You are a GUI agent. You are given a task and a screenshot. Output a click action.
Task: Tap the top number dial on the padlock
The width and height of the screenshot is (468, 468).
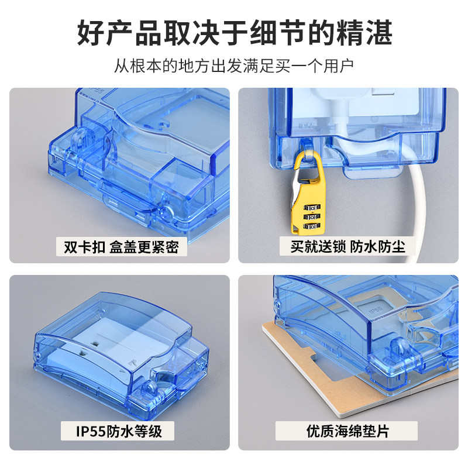point(312,207)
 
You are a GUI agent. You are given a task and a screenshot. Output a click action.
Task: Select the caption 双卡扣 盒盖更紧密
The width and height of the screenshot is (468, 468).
point(121,247)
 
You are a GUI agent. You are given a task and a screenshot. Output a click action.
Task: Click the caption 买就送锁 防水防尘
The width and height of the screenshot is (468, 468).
point(347,246)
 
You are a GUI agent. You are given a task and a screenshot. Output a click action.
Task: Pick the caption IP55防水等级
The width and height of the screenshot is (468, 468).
point(119,431)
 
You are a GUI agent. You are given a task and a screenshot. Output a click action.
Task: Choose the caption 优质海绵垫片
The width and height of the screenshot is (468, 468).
point(347,431)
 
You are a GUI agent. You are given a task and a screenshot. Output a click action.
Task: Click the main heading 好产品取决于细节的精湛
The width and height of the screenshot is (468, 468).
point(235,33)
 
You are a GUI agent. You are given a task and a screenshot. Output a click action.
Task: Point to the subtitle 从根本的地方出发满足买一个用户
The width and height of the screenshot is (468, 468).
point(235,66)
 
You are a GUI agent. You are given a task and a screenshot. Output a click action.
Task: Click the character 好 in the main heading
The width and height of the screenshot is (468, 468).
point(91,33)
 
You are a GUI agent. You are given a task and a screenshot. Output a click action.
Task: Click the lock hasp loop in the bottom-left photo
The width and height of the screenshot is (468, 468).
point(150,388)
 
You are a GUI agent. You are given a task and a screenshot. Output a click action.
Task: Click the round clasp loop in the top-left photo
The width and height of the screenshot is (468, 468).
point(80,140)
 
